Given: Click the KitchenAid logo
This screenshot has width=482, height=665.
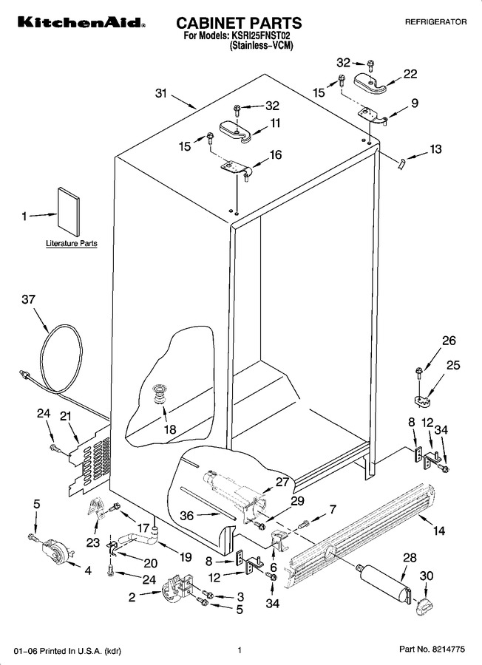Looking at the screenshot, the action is (81, 22).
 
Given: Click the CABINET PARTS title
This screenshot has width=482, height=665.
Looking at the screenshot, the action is (239, 23).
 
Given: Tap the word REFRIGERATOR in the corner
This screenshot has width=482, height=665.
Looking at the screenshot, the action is (435, 22).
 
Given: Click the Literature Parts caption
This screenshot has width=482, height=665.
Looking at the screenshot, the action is (71, 243).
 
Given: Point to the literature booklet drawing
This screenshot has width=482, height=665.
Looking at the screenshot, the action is (68, 211).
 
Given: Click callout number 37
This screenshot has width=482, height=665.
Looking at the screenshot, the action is (28, 299).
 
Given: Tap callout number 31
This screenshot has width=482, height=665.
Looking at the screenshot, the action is (161, 93).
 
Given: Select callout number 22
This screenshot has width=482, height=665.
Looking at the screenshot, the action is (410, 74).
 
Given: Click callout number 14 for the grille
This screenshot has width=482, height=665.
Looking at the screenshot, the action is (439, 530).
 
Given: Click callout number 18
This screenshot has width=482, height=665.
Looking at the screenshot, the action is (170, 429).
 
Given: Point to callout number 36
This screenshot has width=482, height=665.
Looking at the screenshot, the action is (187, 515).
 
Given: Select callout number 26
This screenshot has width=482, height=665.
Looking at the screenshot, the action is (449, 340).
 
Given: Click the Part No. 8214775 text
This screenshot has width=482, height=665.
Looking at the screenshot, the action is (432, 649).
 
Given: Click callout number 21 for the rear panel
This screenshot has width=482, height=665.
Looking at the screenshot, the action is (66, 417).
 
